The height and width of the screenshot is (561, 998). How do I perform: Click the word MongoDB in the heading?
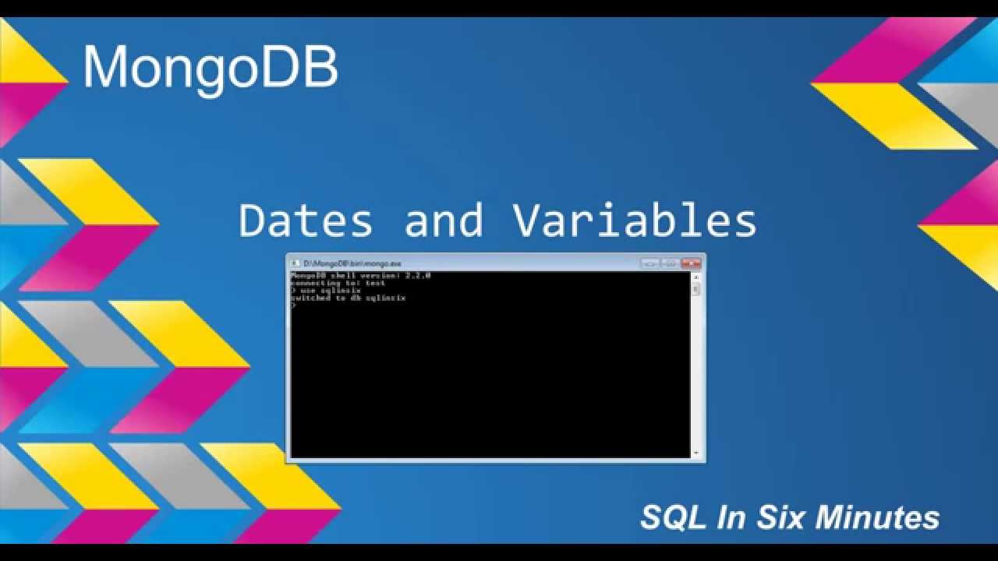(211, 68)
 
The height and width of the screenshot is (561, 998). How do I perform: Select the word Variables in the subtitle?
(635, 220)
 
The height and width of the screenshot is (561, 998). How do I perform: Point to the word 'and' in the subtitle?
(443, 220)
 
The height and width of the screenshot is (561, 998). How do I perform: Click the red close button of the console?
(691, 263)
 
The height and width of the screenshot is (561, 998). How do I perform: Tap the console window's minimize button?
(650, 263)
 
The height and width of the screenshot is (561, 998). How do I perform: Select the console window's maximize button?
(671, 263)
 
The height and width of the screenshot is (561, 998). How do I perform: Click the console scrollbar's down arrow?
(696, 453)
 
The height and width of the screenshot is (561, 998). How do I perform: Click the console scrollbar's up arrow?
(696, 277)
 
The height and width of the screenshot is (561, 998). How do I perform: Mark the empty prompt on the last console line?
(293, 305)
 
